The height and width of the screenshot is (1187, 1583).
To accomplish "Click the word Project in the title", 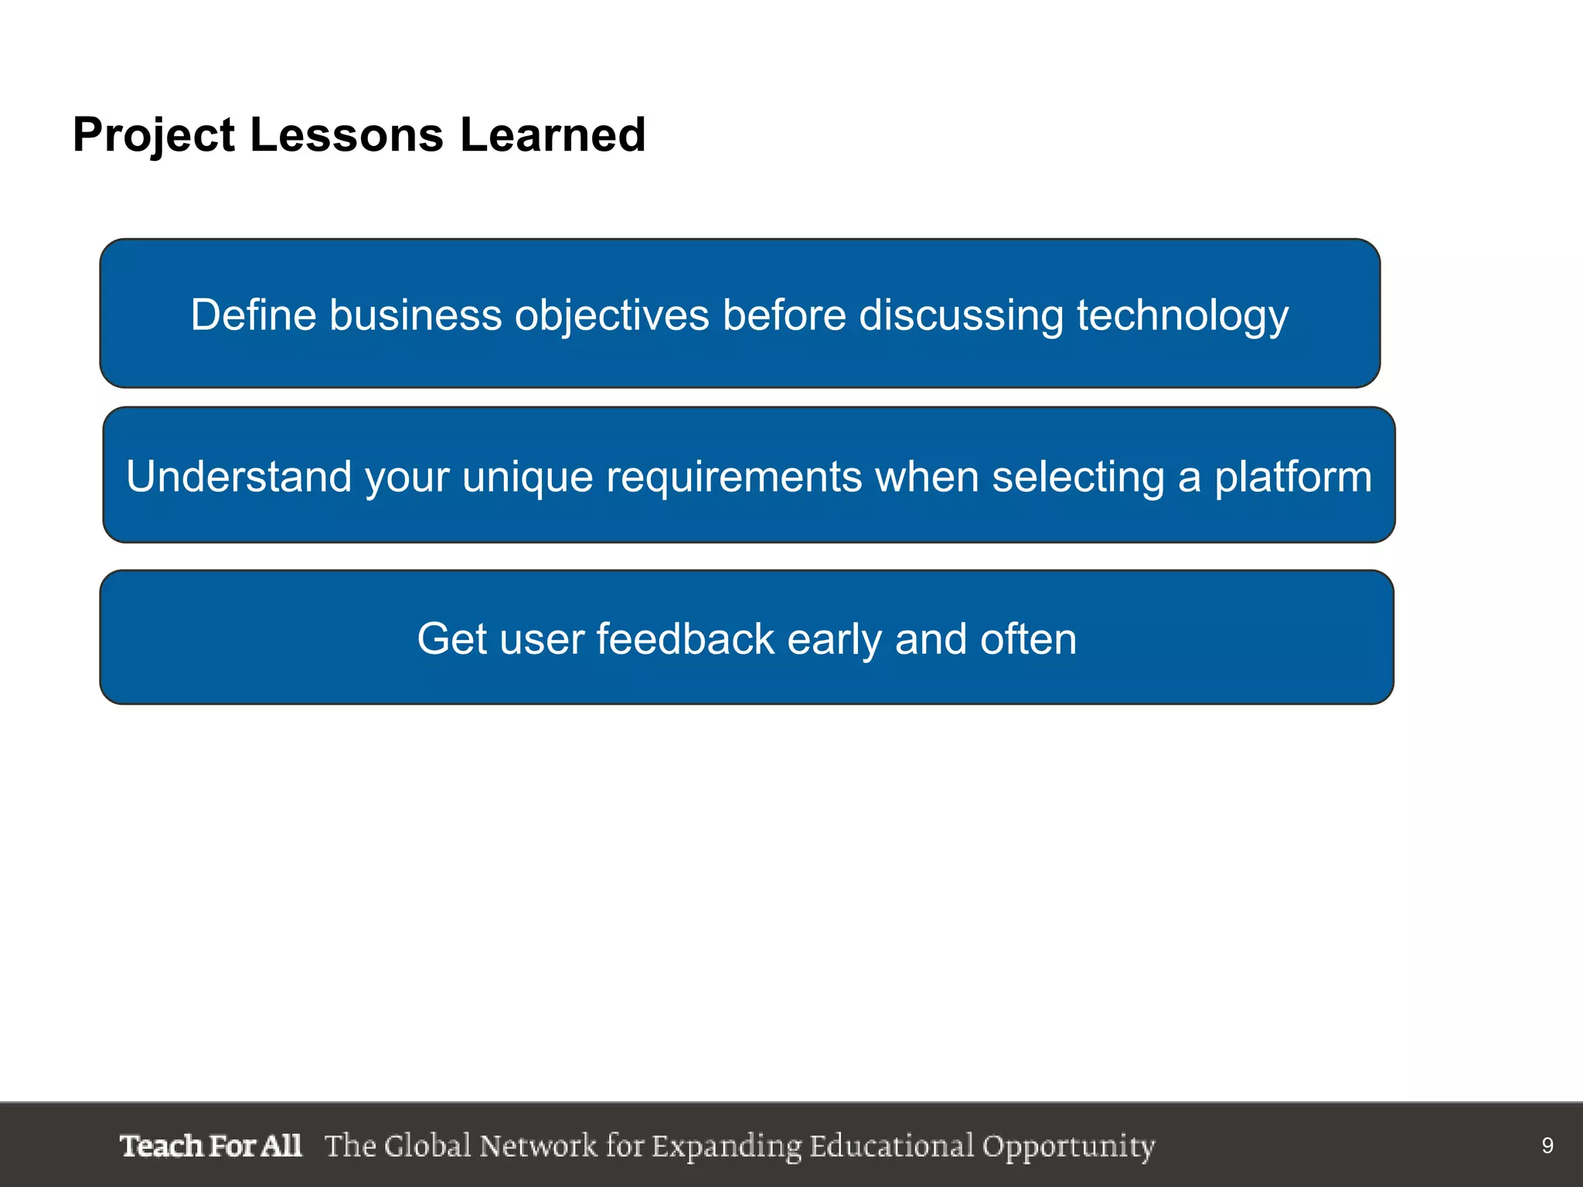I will (154, 136).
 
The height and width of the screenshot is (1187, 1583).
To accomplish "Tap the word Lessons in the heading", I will (346, 135).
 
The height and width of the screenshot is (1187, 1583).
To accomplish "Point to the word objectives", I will (611, 315).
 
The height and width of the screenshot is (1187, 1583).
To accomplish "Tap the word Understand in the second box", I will (239, 476).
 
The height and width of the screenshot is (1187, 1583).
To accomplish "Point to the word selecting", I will (1078, 476).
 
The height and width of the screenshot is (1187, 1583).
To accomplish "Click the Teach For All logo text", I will (210, 1146).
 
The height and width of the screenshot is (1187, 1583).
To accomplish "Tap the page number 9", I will (1547, 1146).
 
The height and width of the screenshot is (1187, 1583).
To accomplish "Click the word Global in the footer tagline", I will (427, 1146).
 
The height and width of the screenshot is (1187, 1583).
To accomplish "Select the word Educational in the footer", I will (892, 1146).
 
